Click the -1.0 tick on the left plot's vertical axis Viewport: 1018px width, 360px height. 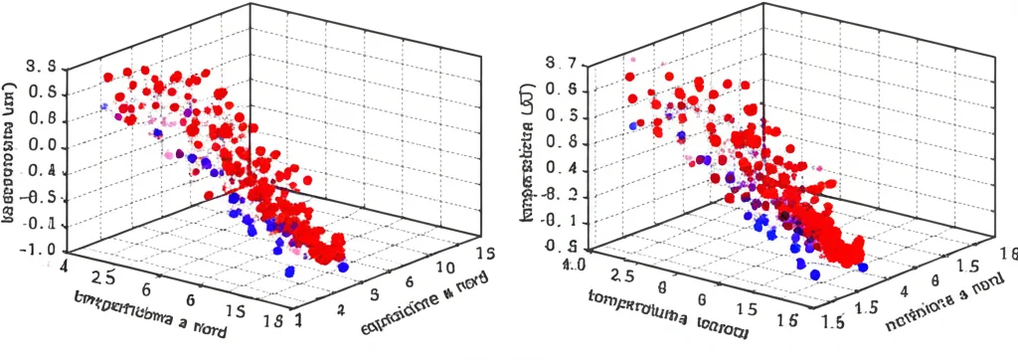36,250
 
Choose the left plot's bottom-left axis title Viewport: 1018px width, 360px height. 149,312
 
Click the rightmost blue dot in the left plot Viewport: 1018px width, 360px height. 343,267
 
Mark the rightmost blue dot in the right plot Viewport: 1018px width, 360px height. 861,266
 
